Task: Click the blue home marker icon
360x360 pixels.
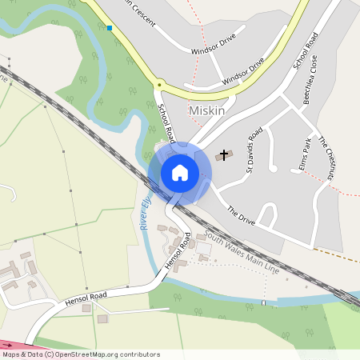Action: pos(180,173)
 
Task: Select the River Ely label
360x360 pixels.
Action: pos(145,214)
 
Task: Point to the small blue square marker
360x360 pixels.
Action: pos(110,28)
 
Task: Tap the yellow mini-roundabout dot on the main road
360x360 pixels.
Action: pos(159,84)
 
